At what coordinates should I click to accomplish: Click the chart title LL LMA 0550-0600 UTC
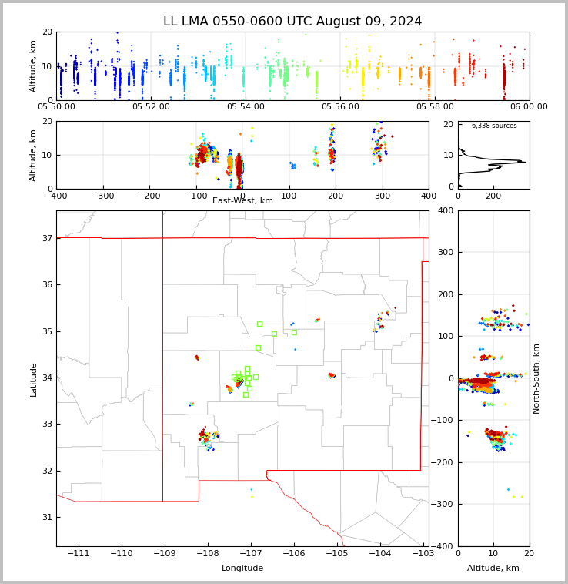coord(292,22)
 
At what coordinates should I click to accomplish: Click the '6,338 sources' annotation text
coord(494,126)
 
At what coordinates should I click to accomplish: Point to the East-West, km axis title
coord(242,201)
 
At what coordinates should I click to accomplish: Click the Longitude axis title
coord(242,569)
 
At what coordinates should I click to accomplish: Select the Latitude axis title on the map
coord(34,379)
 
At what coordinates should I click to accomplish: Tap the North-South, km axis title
coord(536,378)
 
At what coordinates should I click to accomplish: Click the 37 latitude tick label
coord(46,238)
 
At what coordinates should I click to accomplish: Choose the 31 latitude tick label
coord(46,517)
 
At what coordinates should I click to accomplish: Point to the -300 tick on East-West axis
coord(102,196)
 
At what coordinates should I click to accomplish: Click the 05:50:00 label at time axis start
coord(57,107)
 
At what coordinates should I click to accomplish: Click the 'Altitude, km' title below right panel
coord(493,569)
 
